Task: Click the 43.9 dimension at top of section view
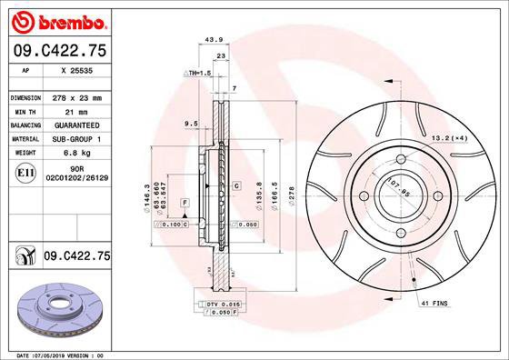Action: [215, 39]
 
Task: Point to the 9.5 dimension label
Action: [191, 123]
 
